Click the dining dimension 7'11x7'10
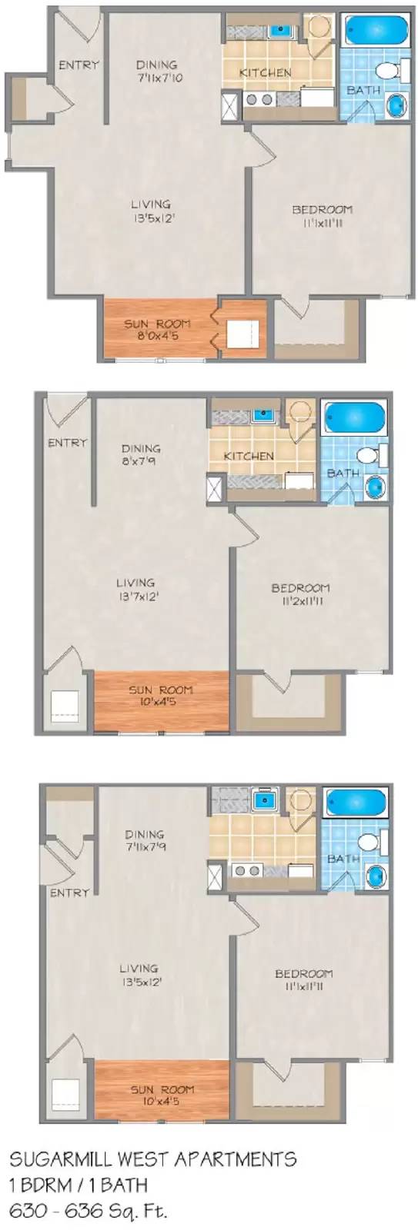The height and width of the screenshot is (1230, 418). (x=157, y=78)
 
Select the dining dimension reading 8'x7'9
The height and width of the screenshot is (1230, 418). (x=142, y=463)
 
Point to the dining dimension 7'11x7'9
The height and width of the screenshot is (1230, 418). (x=145, y=846)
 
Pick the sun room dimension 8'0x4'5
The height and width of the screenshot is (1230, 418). (x=157, y=335)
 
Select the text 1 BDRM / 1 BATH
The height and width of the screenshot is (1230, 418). (x=78, y=1185)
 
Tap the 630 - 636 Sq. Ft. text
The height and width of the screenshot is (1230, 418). (x=88, y=1211)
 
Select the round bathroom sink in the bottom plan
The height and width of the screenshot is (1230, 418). (x=376, y=876)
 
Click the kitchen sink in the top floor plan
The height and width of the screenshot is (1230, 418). (x=279, y=32)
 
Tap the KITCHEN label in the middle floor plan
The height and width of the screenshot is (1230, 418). (x=249, y=456)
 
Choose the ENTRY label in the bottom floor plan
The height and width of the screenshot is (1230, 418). (x=69, y=893)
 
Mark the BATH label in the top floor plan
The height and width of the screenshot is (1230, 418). (x=363, y=90)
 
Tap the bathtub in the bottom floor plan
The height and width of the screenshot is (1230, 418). (x=354, y=803)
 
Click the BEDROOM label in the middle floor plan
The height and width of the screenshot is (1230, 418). (x=300, y=589)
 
